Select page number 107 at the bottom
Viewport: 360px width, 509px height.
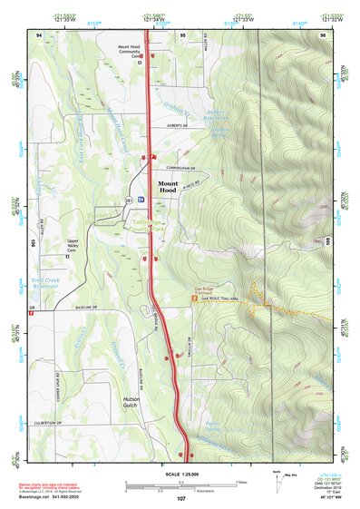tap(180, 499)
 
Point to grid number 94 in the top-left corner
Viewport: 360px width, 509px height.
tap(39, 34)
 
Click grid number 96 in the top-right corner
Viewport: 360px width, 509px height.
tap(322, 34)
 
